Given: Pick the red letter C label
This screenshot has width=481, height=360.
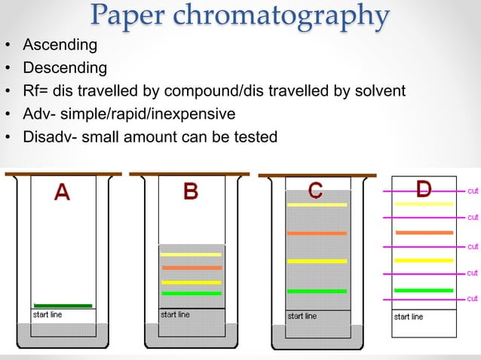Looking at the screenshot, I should [315, 191].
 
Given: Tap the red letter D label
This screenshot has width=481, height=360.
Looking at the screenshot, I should [424, 188].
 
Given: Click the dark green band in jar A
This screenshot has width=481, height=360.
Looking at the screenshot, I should [63, 305].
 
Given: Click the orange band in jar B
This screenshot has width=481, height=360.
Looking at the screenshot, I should [191, 267].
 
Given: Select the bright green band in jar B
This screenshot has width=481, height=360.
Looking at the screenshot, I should [191, 293].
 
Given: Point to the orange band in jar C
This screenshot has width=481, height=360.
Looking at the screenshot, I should [317, 233].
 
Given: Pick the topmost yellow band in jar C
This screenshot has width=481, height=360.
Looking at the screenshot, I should [317, 205].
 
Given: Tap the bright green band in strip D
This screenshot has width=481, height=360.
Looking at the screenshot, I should [424, 290].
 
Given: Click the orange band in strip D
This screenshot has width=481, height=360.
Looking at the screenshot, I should [424, 232].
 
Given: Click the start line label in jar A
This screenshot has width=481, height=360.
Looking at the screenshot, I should [47, 315].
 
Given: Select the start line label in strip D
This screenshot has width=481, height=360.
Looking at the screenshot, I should [409, 317].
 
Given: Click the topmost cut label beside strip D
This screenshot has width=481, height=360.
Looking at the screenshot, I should [472, 191].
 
